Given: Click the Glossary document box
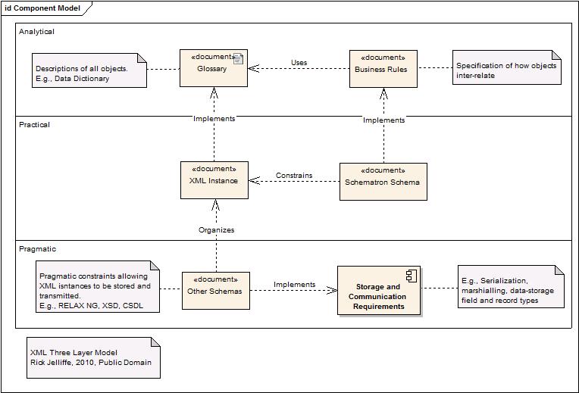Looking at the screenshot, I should click(x=213, y=68).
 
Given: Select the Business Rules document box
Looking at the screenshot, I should click(x=383, y=68).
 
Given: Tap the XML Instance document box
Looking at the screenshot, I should click(x=213, y=181).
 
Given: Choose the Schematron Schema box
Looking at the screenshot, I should click(x=383, y=182).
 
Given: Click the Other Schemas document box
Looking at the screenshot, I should click(x=216, y=291).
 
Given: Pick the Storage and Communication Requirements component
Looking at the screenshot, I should click(x=378, y=292).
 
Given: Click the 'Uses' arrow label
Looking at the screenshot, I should click(x=299, y=62).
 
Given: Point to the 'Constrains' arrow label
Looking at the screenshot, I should click(x=294, y=175).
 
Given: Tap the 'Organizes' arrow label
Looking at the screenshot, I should click(x=216, y=229).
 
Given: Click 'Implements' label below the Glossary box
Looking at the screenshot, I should click(x=214, y=119).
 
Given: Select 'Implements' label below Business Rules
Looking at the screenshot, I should click(x=383, y=120).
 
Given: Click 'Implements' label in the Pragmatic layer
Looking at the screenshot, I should click(x=294, y=285).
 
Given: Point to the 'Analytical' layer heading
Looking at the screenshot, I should click(x=37, y=32).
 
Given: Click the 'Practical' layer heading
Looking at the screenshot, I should click(x=35, y=124).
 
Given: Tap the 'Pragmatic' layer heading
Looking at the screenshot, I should click(x=38, y=248).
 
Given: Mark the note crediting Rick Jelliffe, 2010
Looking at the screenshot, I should click(x=93, y=357).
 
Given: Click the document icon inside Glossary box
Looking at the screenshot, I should click(x=238, y=58).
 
